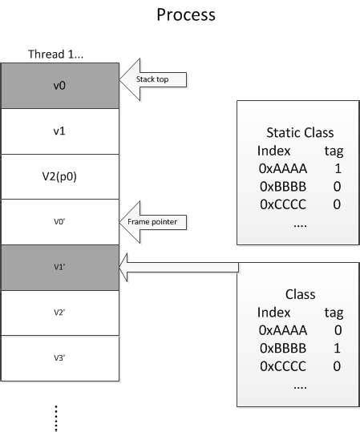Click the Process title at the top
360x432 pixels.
186,15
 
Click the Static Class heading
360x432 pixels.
299,132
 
